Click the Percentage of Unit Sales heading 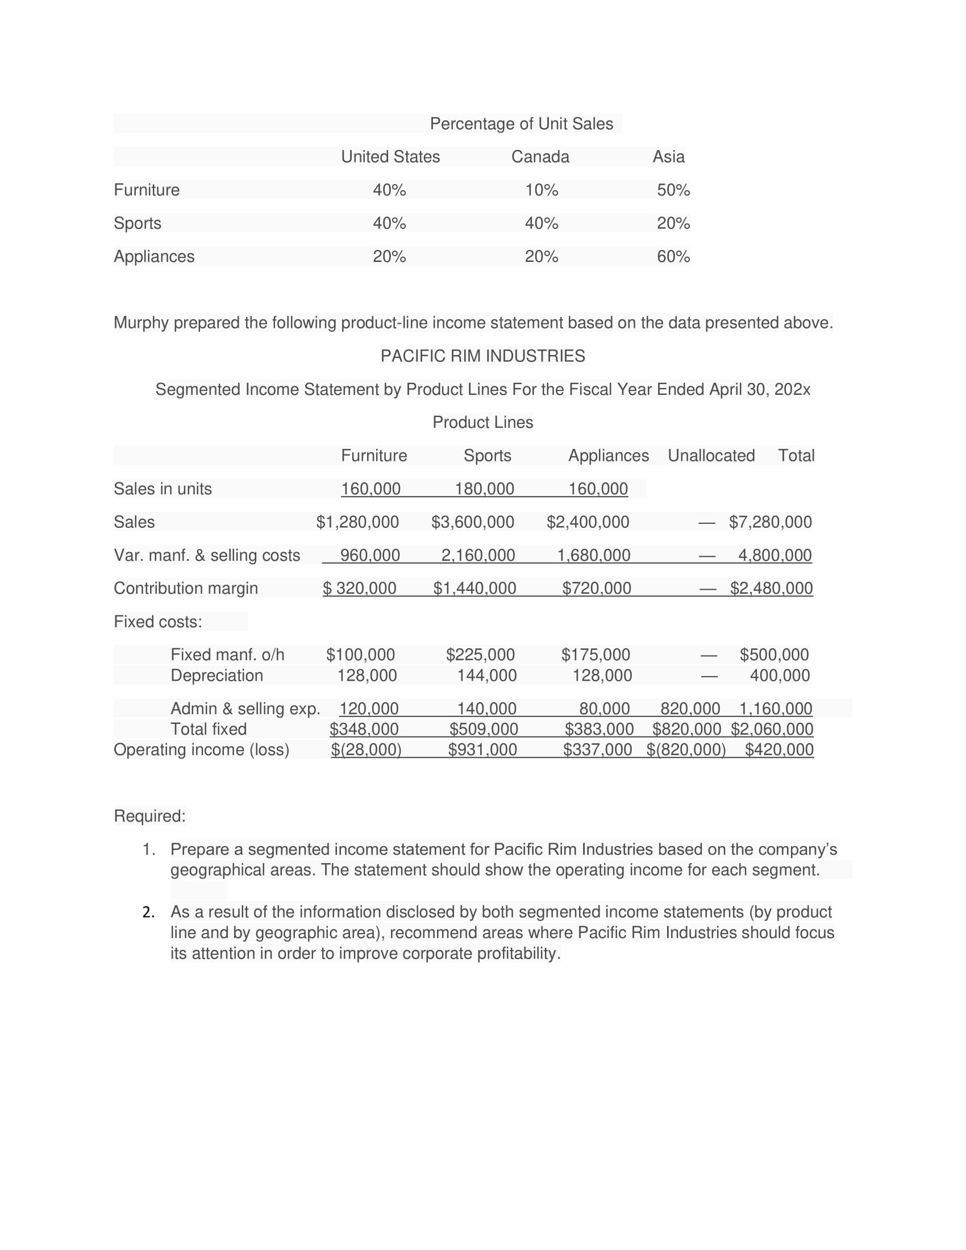pos(521,124)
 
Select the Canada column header pos(540,157)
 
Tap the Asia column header pos(668,157)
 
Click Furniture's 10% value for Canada pos(542,190)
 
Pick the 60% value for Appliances pos(673,256)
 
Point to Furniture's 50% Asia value pos(673,190)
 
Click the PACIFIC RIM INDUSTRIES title pos(482,356)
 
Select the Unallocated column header pos(711,456)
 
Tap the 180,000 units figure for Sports pos(484,489)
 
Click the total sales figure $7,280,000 pos(771,522)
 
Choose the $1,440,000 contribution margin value pos(474,589)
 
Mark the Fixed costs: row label pos(158,622)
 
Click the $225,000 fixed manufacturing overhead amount pos(480,655)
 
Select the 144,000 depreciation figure pos(486,676)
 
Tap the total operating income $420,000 pos(779,750)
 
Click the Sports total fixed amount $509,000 pos(484,729)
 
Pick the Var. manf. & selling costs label pos(207,555)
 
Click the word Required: pos(150,816)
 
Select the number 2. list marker pos(149,913)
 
